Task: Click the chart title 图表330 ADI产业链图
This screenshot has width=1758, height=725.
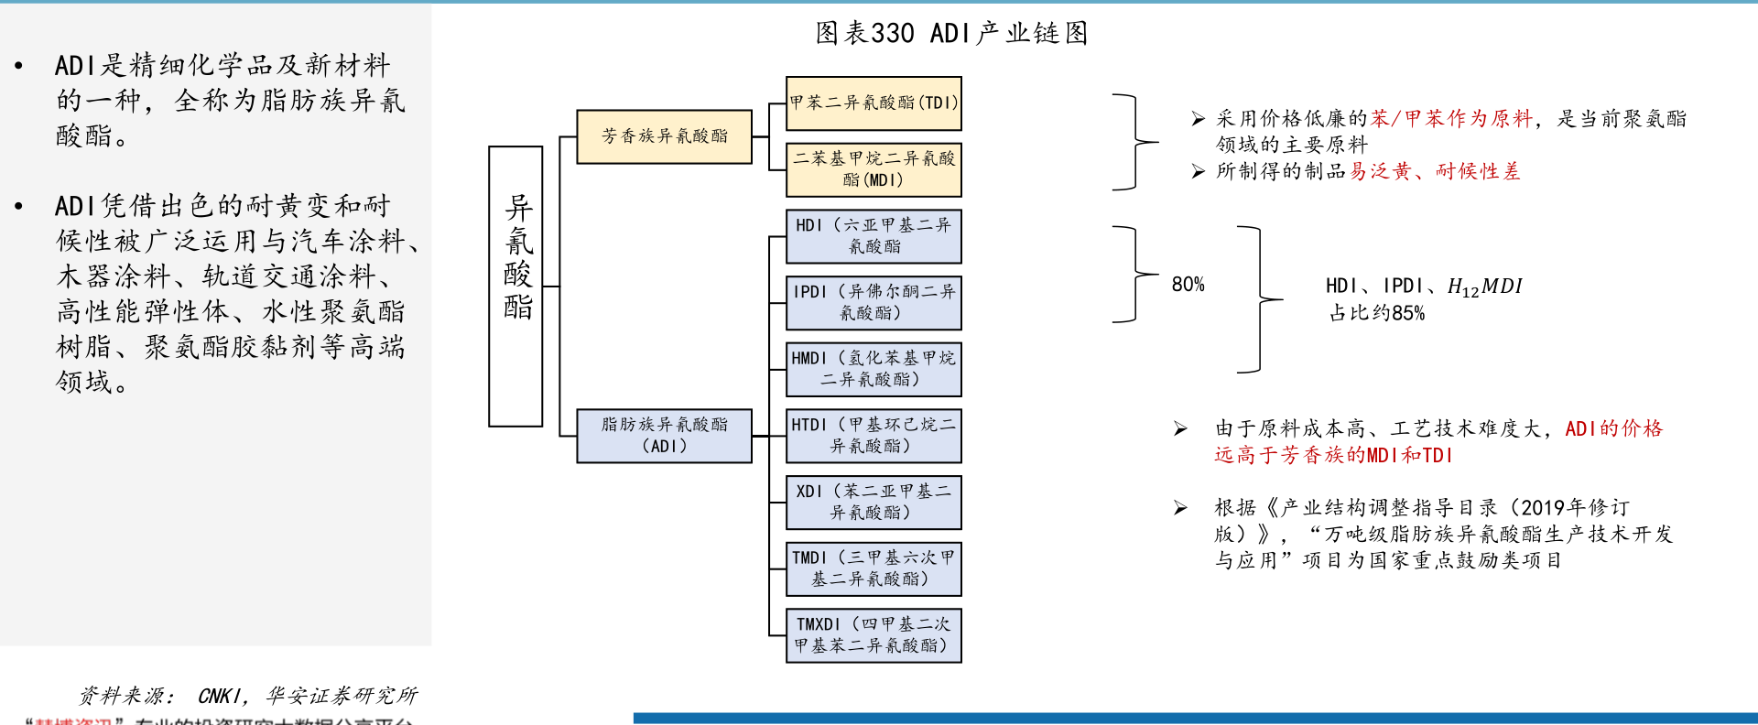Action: coord(951,34)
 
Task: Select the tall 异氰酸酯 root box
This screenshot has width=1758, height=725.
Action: coord(516,286)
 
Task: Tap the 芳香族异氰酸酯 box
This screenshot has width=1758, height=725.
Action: coord(664,136)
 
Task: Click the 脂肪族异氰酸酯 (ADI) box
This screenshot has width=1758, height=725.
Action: coord(664,436)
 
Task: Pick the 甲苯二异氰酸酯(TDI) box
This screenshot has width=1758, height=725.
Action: coord(874,103)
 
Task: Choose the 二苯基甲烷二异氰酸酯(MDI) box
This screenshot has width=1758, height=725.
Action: coord(874,169)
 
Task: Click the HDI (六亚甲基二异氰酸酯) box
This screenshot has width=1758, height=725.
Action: coord(874,236)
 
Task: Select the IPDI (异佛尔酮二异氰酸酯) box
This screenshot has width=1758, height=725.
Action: coord(874,303)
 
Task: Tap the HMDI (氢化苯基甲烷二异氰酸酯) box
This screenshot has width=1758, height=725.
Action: coord(874,369)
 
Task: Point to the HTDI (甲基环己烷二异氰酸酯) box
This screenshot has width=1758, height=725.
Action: coord(874,436)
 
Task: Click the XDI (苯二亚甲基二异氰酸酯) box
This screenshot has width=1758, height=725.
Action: coord(874,503)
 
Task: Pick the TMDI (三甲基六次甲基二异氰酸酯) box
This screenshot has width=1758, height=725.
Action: coord(874,568)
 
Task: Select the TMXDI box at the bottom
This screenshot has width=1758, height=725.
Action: coord(874,635)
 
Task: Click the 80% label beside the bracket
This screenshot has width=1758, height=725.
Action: coord(1188,285)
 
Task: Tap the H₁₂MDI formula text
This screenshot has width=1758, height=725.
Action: coord(1484,287)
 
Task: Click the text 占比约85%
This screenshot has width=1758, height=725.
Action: coord(1377,313)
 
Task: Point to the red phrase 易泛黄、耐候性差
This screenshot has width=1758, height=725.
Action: coord(1434,171)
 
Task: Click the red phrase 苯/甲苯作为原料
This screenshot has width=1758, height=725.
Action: coord(1450,119)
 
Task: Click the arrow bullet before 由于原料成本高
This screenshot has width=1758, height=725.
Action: coord(1181,428)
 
